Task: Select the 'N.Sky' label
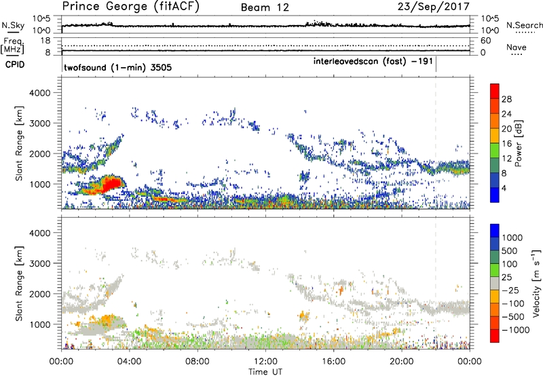11,26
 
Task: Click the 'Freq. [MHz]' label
11,46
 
